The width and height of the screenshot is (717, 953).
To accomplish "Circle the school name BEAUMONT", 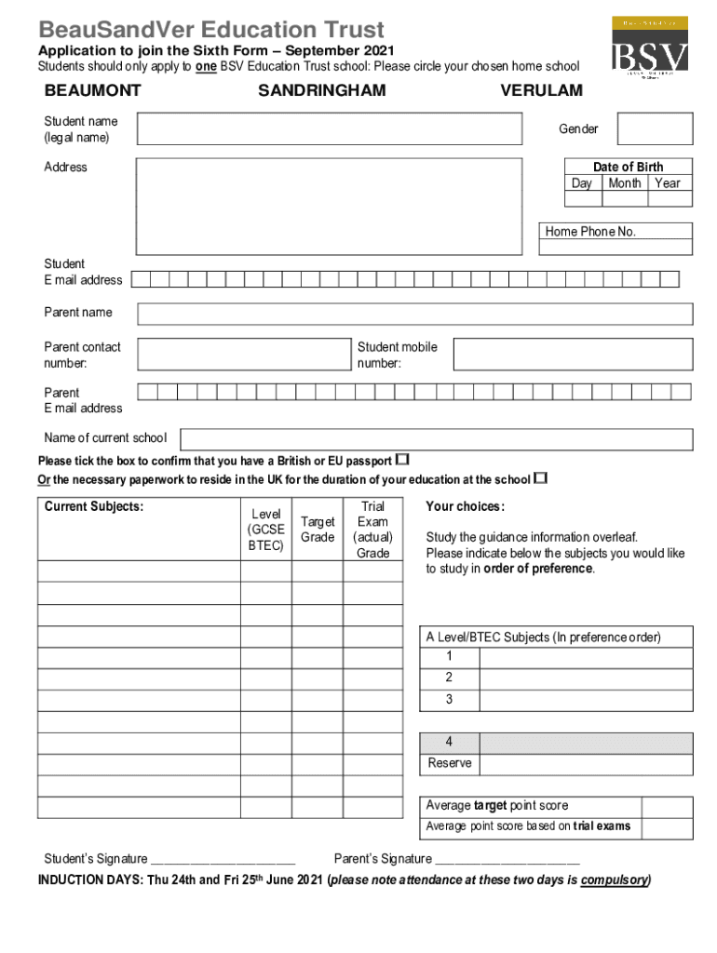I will [93, 90].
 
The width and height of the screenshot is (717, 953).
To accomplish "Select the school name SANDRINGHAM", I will [321, 90].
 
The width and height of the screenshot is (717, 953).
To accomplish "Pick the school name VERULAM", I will [541, 90].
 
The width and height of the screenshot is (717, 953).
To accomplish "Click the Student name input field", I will [329, 129].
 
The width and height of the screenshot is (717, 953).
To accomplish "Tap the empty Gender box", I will [655, 129].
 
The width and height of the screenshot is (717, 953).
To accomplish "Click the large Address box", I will [329, 205].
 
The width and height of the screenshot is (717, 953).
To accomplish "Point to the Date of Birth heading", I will [629, 167].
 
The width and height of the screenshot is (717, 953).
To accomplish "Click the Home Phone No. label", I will [590, 232].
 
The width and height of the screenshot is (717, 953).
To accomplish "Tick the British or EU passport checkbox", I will [402, 460].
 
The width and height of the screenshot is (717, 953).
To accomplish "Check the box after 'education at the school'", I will [540, 479].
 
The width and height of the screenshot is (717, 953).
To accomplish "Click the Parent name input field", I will [415, 313].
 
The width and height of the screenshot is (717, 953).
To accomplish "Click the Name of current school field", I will [436, 439].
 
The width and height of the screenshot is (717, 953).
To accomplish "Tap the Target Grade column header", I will [318, 530].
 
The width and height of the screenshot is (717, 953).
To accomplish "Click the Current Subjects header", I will [94, 506].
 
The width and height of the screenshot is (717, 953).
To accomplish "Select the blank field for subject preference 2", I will [586, 678].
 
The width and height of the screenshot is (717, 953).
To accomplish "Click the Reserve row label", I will [450, 764].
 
